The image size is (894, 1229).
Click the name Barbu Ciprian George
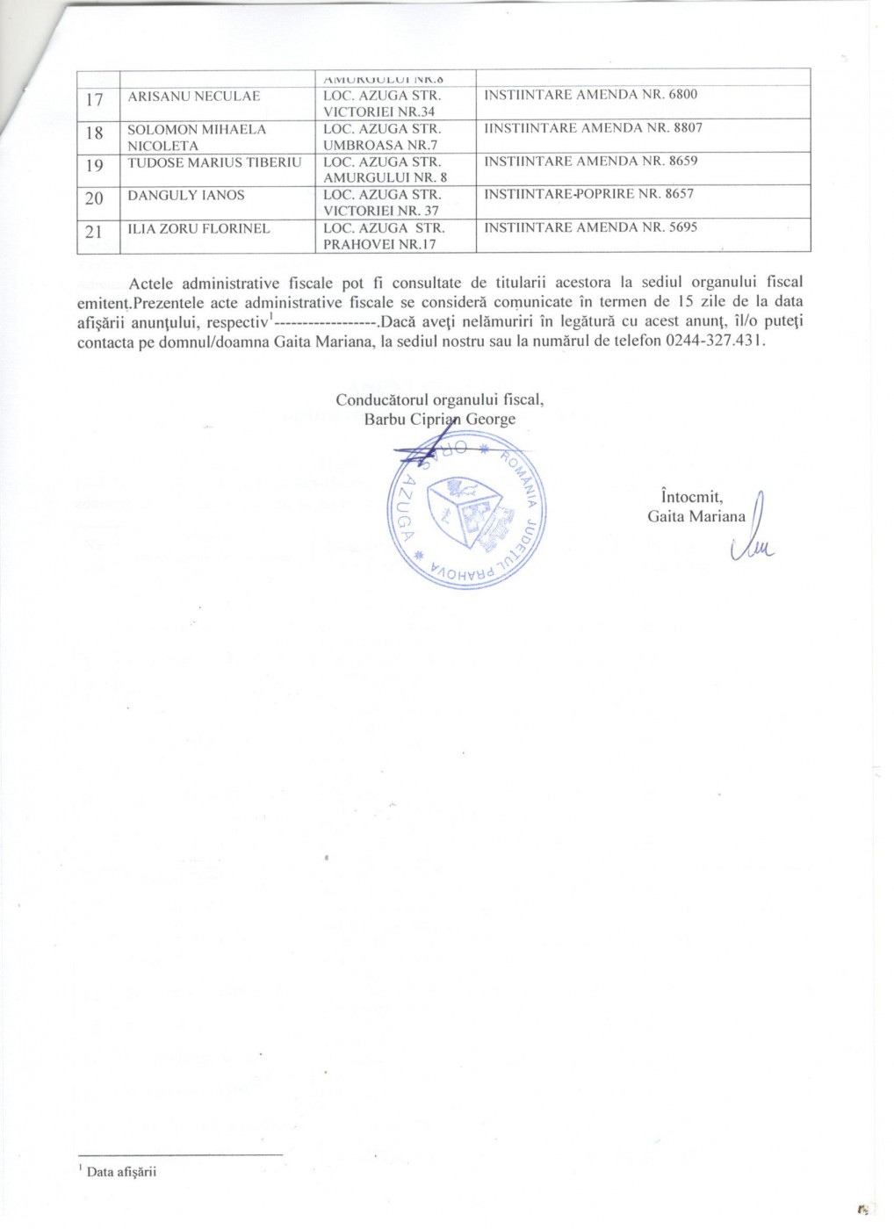[440, 419]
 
